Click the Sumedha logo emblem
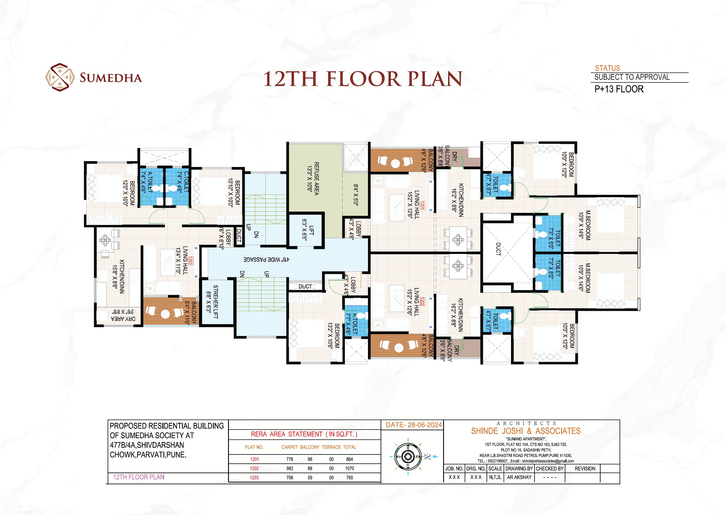point(60,78)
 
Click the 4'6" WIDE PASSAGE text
point(266,259)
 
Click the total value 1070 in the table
point(349,468)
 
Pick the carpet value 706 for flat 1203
point(290,478)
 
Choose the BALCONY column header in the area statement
point(310,447)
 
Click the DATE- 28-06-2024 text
point(414,425)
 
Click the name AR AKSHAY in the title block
point(519,477)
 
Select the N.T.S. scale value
point(495,477)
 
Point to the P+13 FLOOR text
point(619,89)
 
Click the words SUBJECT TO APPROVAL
point(632,77)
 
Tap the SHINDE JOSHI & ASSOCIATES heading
point(526,431)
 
